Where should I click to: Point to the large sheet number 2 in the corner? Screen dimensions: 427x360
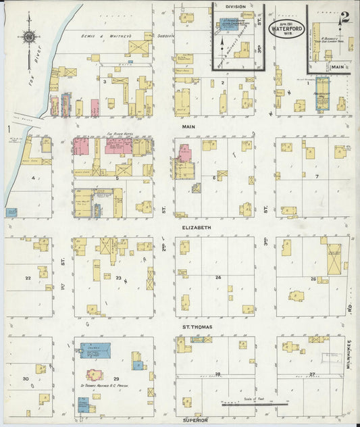pos(344,18)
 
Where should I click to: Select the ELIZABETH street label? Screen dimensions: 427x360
pos(197,228)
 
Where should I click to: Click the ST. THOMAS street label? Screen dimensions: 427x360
pos(197,327)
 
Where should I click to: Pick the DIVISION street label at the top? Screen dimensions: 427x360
pos(236,6)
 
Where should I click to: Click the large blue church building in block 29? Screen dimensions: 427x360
pos(95,351)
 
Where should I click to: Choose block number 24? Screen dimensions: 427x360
pos(218,278)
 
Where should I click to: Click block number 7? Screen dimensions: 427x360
pos(316,177)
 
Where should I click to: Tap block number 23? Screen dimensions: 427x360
pos(119,278)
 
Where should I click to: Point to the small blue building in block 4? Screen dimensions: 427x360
pos(11,212)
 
